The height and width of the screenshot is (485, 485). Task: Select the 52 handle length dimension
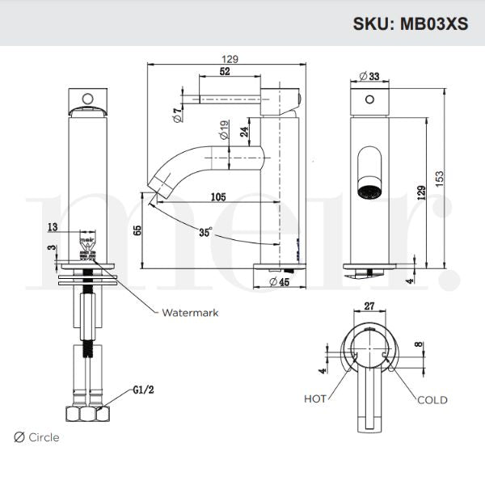224,73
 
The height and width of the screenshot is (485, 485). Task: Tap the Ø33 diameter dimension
369,76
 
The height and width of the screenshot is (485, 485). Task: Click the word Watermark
190,312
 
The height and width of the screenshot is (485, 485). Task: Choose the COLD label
432,399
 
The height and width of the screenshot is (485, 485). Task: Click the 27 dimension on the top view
369,306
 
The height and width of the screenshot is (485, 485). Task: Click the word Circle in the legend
43,437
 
